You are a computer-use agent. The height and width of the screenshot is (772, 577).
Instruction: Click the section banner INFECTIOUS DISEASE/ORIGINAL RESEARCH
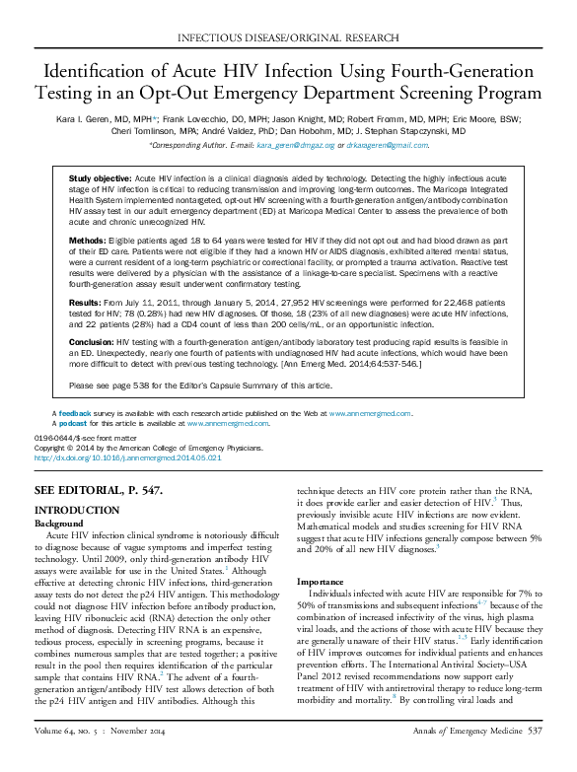click(288, 37)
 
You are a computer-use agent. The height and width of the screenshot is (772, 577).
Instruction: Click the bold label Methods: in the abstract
click(88, 239)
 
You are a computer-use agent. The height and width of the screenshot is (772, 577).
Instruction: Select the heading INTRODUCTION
click(77, 510)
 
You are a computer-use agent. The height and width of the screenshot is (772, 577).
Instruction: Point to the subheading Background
click(59, 523)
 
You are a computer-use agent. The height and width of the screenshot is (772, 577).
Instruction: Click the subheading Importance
click(321, 582)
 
